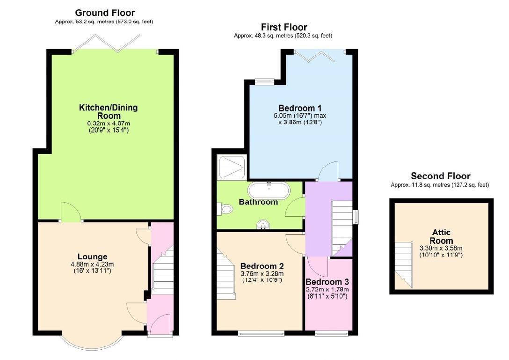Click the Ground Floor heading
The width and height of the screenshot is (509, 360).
(x=105, y=13)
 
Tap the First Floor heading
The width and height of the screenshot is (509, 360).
(x=284, y=27)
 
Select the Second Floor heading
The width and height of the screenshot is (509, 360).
(x=440, y=176)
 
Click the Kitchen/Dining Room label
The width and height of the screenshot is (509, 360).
(x=108, y=111)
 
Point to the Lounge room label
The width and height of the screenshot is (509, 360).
(x=92, y=257)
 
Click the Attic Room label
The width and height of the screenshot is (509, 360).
(x=442, y=236)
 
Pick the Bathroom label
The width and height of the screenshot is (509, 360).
(x=258, y=202)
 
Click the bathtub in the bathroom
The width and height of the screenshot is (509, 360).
(x=269, y=191)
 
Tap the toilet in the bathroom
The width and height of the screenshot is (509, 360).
(x=225, y=209)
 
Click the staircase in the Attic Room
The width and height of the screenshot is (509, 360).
(x=403, y=264)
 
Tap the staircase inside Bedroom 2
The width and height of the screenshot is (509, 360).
(x=226, y=276)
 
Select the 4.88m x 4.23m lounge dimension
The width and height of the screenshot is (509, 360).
(x=92, y=264)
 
